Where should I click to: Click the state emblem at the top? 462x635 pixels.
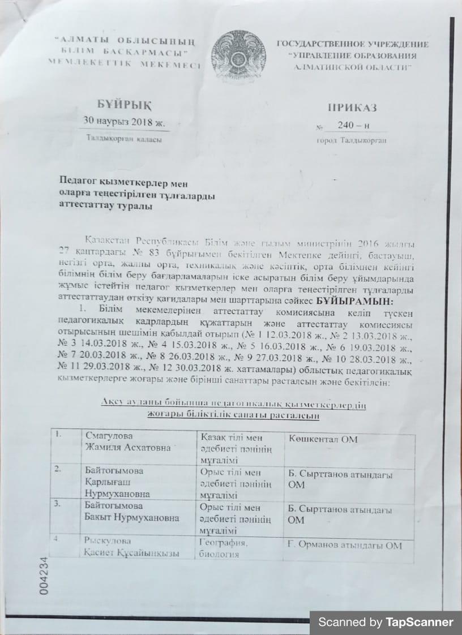pos(238,54)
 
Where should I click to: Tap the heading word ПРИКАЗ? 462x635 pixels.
pos(351,108)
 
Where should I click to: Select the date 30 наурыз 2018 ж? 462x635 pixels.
pos(123,121)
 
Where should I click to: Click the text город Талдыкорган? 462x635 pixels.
pos(351,140)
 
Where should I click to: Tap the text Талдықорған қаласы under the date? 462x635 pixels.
pos(123,139)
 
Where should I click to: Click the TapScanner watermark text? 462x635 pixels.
pos(386,623)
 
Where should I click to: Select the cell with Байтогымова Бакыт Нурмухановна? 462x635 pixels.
pos(131,512)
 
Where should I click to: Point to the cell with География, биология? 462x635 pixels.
pos(224,548)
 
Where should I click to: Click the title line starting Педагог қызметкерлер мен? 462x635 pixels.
pos(124,182)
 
